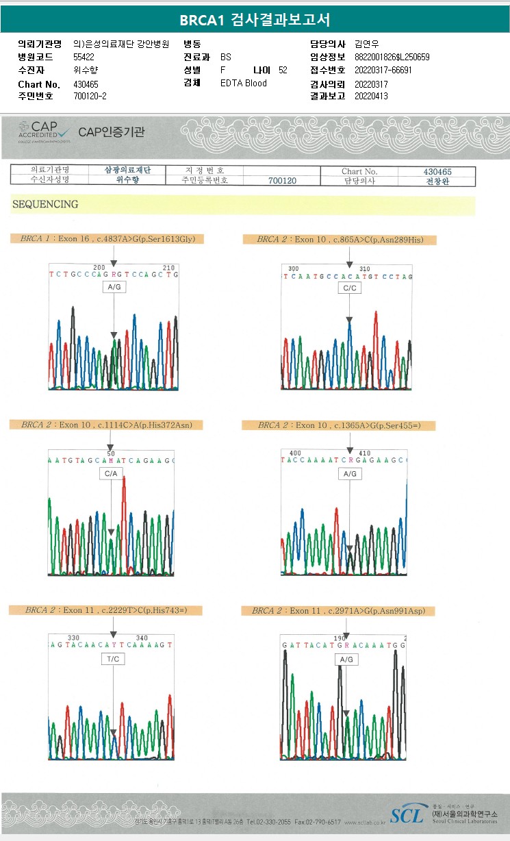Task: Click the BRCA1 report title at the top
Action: coord(255,21)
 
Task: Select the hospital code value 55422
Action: coord(84,58)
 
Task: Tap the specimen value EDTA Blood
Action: coord(244,84)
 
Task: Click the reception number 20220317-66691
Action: coord(383,71)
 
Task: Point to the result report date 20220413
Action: coord(371,97)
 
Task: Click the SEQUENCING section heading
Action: coord(45,204)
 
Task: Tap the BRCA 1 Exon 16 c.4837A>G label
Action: coord(107,239)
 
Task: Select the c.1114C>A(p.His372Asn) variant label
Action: coord(106,425)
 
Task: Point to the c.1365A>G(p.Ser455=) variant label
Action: coord(339,425)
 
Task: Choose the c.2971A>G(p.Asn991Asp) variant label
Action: coord(343,610)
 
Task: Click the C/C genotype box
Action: coord(349,288)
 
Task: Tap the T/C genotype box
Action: coord(113,659)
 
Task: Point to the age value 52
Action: coord(283,71)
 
